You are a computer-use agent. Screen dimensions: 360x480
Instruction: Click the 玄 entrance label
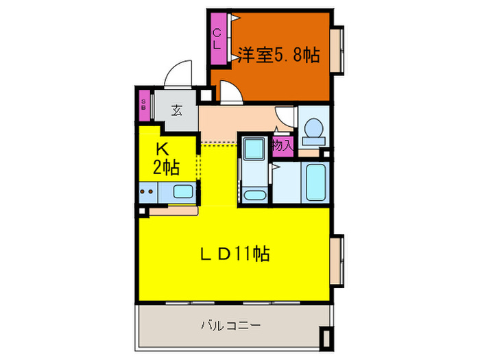coord(176,109)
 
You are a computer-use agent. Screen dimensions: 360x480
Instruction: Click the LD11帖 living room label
coord(234,254)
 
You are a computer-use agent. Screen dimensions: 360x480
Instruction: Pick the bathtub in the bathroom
coord(316,182)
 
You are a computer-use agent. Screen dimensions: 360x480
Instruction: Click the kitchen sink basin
coord(182,193)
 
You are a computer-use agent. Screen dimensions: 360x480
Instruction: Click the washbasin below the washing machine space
coord(254,195)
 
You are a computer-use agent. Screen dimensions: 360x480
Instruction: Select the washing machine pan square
coord(254,148)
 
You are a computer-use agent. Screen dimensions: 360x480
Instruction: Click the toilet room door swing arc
coord(285,115)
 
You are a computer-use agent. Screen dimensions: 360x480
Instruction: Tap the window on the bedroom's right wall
coord(337,50)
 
